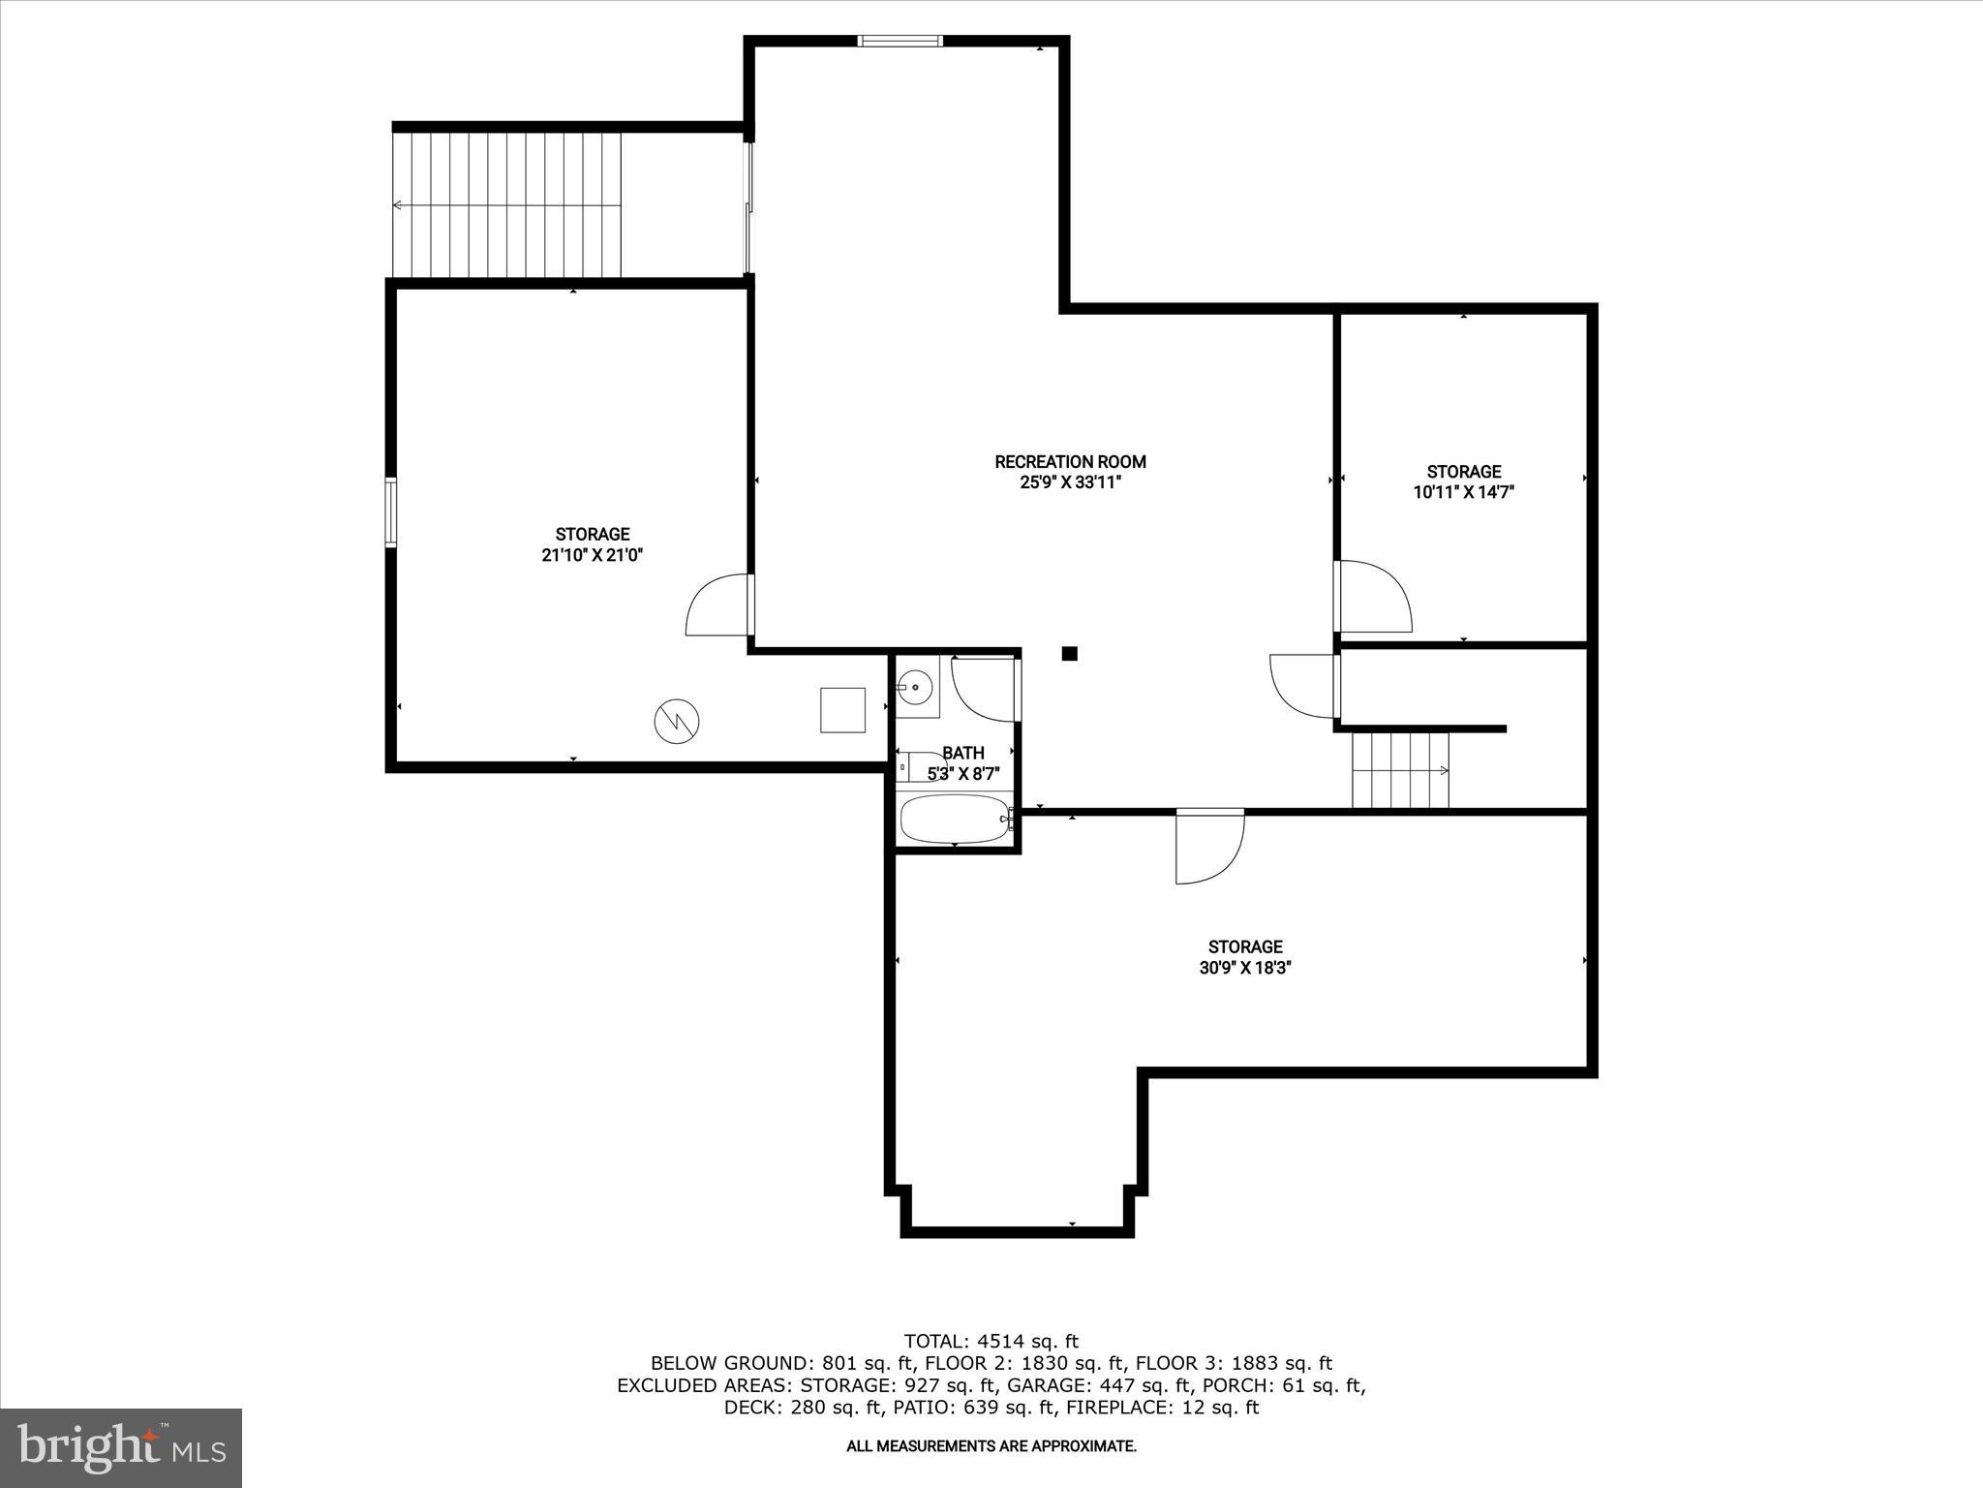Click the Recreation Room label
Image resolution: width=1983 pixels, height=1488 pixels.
pos(1070,462)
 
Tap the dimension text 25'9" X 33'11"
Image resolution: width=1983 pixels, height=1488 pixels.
pos(1070,482)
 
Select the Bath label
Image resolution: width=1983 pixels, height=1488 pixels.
pos(962,753)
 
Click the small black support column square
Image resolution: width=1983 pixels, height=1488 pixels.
pos(1069,654)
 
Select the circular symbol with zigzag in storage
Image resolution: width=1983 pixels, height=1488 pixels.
pos(677,720)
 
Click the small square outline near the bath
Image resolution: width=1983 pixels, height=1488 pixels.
pos(842,709)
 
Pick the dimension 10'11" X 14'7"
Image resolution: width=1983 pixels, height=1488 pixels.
pos(1463,492)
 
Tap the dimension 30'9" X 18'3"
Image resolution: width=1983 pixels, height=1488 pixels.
pos(1245,967)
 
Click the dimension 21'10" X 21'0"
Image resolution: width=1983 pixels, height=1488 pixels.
pos(593,555)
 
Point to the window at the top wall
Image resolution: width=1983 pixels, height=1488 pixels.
pos(900,41)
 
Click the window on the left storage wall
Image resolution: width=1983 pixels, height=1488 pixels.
pos(391,512)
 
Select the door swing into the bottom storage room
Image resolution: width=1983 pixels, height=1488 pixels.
pos(1208,848)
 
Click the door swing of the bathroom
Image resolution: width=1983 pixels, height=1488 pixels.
pos(986,689)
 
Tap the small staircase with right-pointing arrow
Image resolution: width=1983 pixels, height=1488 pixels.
pos(1400,770)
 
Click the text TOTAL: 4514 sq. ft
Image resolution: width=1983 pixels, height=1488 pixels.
pos(991,1342)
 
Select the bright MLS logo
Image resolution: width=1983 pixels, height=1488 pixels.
pos(121,1447)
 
